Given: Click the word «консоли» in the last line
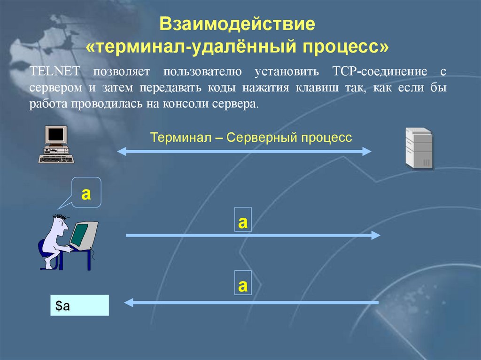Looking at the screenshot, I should [187, 104].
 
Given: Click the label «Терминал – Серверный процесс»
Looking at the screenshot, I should [251, 138].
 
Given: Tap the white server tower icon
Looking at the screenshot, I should [419, 148].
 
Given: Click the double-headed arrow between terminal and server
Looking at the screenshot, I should [244, 151].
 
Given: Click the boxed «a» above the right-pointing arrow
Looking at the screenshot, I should [243, 221].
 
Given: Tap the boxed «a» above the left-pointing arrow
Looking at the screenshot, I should [243, 284].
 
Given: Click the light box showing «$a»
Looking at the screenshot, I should [79, 305].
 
